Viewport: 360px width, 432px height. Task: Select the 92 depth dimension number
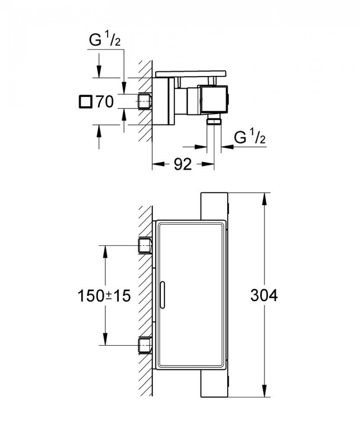point(183,165)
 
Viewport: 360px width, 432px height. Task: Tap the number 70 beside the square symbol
point(104,102)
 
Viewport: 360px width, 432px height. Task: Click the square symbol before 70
point(85,102)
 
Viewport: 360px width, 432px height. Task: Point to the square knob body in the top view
point(214,99)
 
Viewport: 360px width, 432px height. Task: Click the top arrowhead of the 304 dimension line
point(265,198)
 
